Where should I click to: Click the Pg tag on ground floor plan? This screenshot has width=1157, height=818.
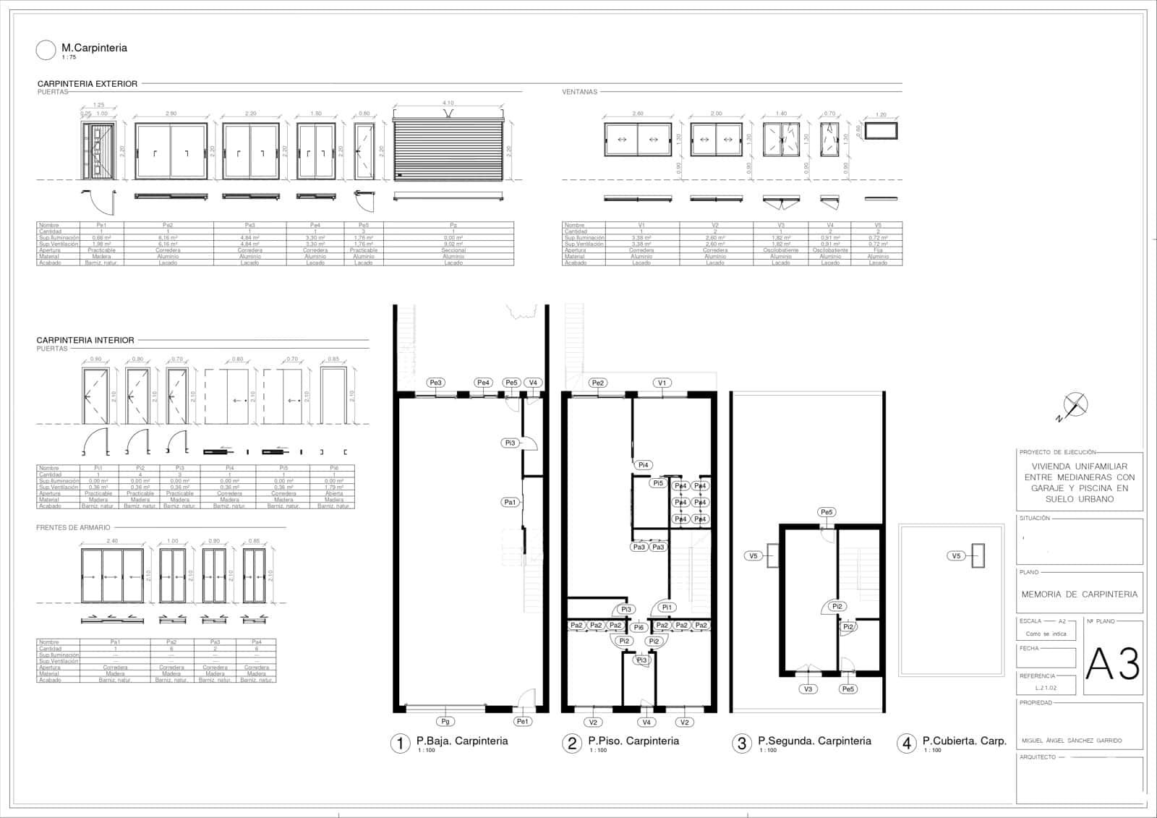[445, 721]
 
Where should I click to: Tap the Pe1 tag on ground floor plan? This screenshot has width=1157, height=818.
[523, 721]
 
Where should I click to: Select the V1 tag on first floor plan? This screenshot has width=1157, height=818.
[662, 383]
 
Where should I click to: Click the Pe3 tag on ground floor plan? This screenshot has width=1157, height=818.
[435, 383]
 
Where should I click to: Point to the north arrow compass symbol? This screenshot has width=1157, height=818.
[1076, 405]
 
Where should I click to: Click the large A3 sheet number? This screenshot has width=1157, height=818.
[1113, 663]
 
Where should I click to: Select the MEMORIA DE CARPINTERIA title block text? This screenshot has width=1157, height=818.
[1079, 594]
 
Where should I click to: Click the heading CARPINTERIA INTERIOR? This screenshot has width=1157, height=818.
[85, 340]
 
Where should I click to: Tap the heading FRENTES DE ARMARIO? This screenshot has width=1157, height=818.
[73, 527]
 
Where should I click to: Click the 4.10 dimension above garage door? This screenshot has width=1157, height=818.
[448, 103]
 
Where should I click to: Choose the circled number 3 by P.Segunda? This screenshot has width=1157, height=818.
[741, 743]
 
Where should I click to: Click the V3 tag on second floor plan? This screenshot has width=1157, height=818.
[808, 689]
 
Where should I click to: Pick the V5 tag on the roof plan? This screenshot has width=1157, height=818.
[956, 555]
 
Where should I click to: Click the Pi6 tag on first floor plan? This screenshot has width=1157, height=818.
[639, 627]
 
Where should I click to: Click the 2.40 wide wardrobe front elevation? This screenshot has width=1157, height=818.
[112, 576]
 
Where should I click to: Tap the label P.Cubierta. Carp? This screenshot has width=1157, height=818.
[964, 741]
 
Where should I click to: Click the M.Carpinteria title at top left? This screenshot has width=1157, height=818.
[94, 48]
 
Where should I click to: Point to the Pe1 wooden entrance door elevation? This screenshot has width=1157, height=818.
[98, 150]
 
